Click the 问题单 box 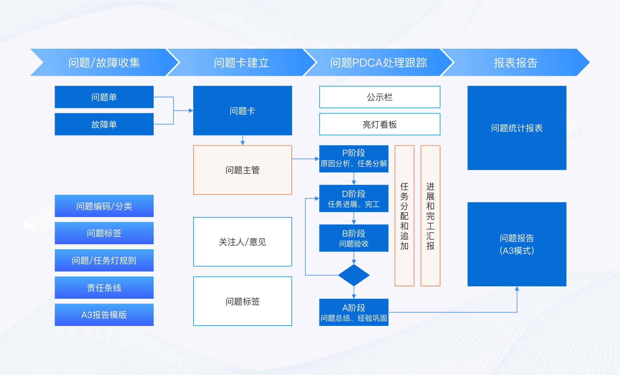click(x=104, y=97)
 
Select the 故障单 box click(x=104, y=124)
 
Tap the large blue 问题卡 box click(x=242, y=110)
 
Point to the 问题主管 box click(x=242, y=170)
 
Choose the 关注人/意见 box click(x=242, y=242)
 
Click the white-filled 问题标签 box click(x=242, y=301)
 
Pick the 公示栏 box click(x=380, y=97)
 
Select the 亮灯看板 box click(x=380, y=124)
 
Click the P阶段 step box click(x=354, y=159)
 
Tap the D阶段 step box click(x=354, y=198)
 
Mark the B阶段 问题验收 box click(x=354, y=238)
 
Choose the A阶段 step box click(x=354, y=312)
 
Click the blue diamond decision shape click(x=354, y=275)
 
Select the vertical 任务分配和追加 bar click(x=404, y=216)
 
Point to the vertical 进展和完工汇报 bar click(x=430, y=216)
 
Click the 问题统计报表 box click(x=517, y=128)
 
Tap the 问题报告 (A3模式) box click(x=517, y=244)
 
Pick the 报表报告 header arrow click(x=515, y=62)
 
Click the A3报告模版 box click(x=104, y=315)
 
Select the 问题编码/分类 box click(x=104, y=206)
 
